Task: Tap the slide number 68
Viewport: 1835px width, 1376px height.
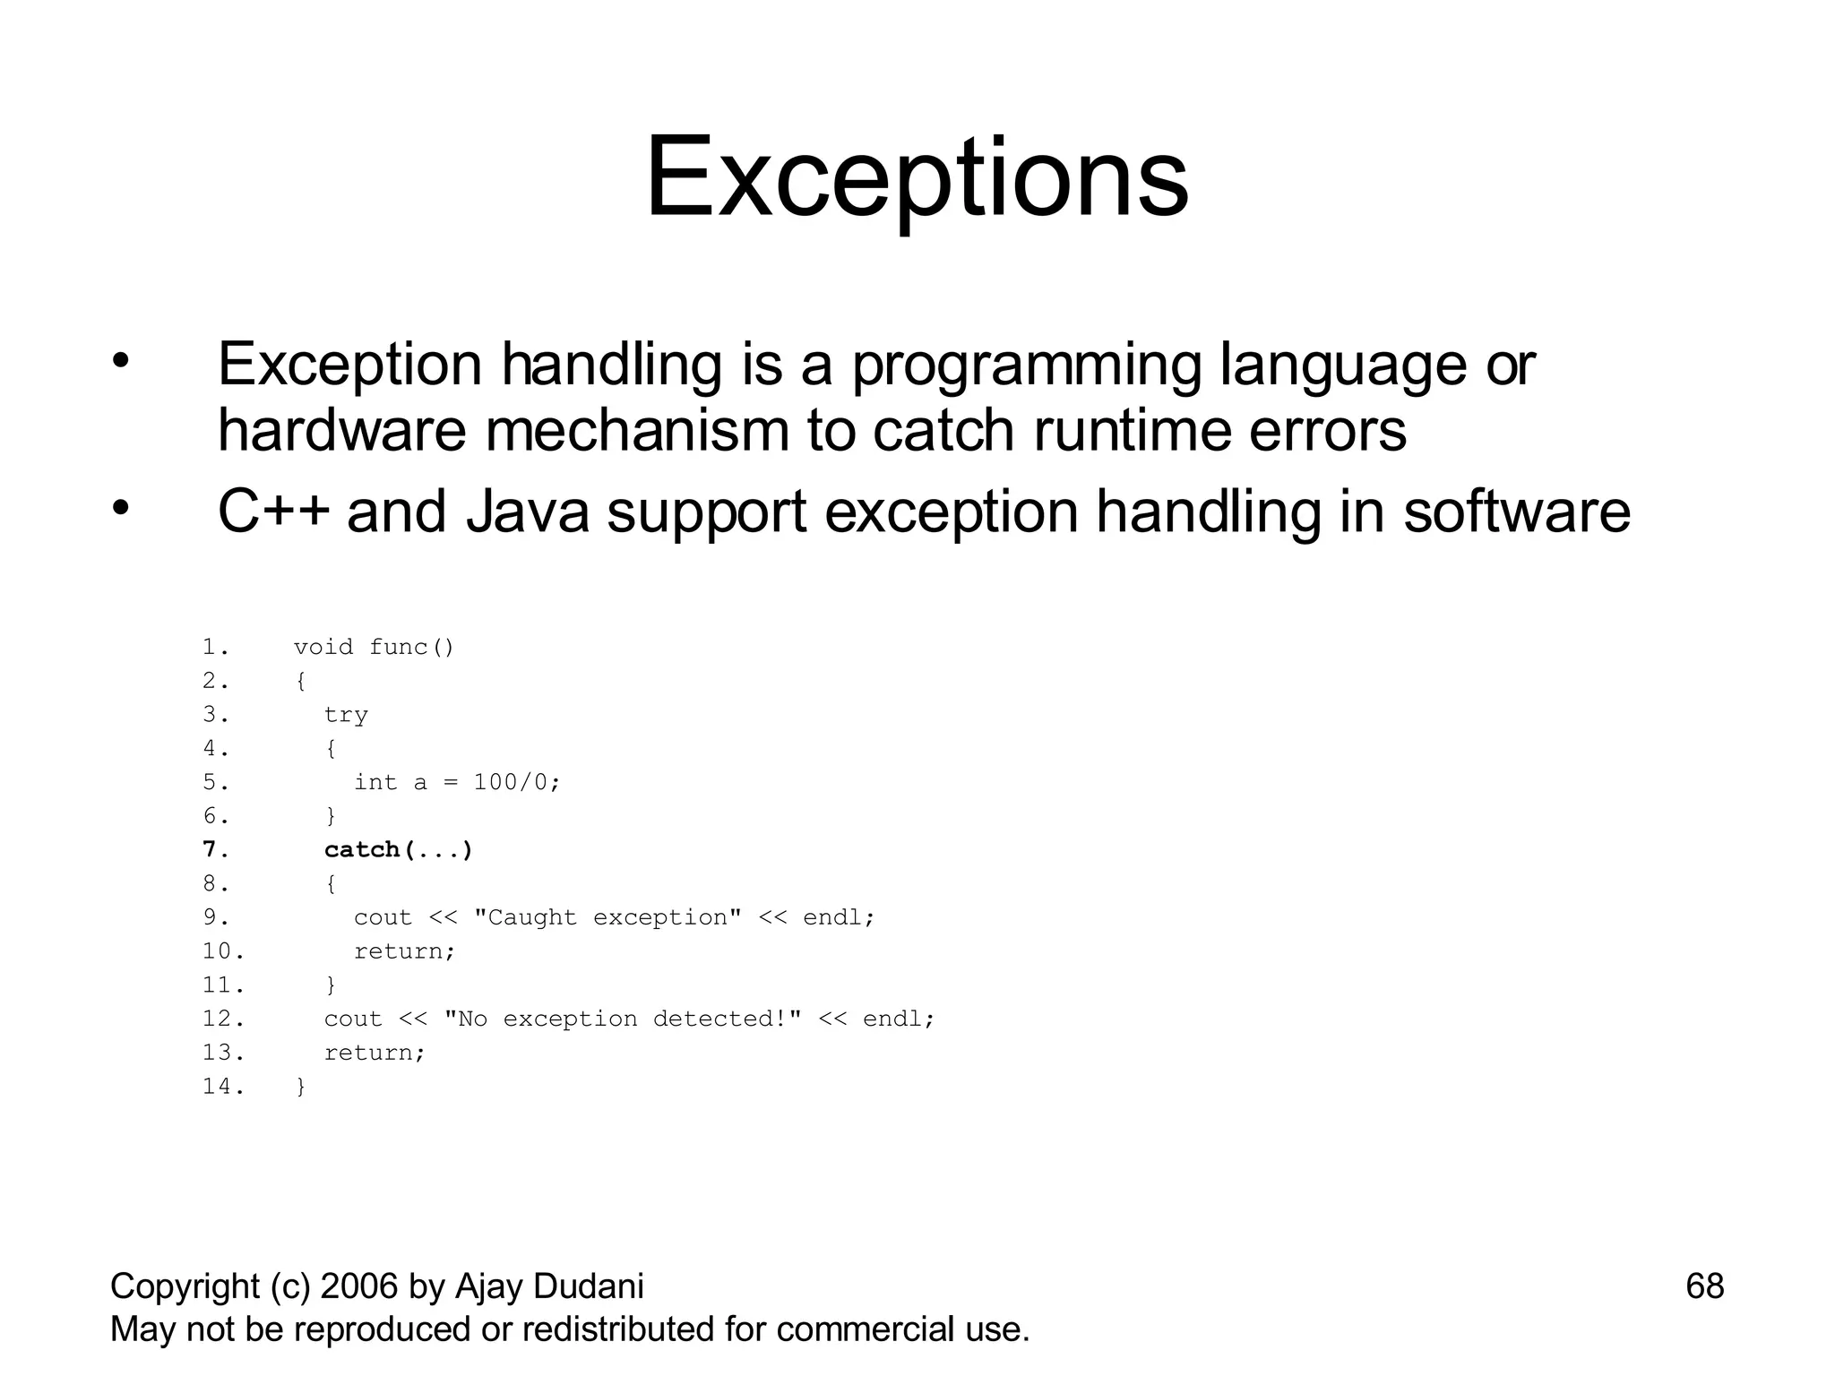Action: [1704, 1286]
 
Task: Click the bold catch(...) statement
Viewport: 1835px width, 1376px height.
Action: [398, 849]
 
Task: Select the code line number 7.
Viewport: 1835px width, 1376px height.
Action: [215, 849]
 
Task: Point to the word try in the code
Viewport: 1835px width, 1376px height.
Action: [346, 715]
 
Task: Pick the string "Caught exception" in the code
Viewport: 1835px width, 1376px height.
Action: [607, 917]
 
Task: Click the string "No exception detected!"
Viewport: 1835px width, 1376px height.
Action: [622, 1019]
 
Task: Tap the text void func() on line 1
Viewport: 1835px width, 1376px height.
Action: [374, 647]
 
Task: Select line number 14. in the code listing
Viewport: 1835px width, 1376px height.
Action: [223, 1087]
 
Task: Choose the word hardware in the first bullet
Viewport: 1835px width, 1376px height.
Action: [341, 431]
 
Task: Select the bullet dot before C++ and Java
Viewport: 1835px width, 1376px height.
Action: [121, 509]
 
